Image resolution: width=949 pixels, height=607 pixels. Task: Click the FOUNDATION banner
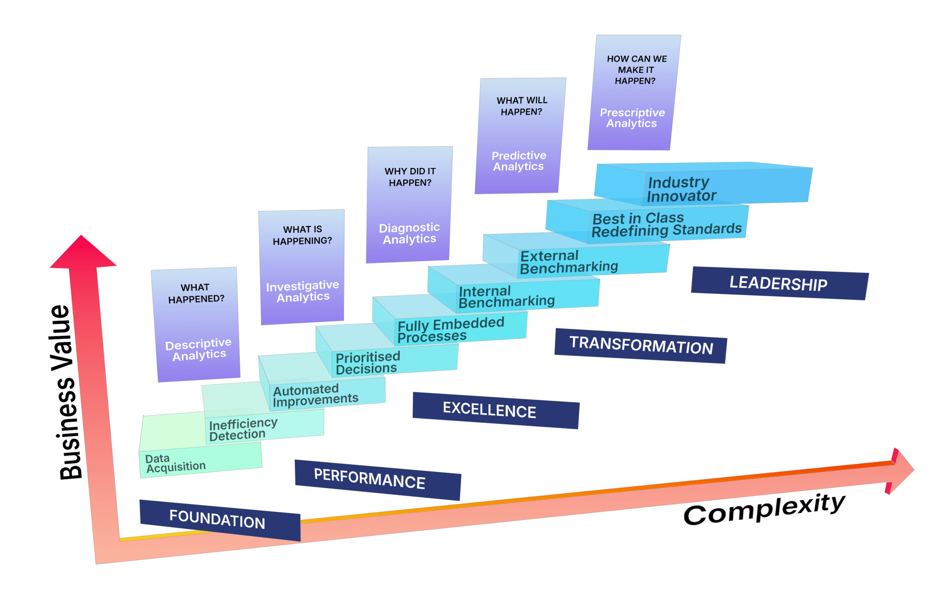click(220, 520)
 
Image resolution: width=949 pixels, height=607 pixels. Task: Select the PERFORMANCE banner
click(378, 479)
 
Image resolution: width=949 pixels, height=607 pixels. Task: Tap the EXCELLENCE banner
click(496, 411)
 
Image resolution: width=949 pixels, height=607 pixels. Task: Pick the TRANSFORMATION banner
click(641, 346)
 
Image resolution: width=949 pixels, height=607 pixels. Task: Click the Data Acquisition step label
click(175, 463)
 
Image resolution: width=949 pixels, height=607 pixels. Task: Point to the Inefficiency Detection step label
click(243, 429)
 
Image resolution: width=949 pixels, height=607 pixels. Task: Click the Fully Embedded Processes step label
click(450, 330)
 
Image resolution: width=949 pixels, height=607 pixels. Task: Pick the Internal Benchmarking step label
click(506, 297)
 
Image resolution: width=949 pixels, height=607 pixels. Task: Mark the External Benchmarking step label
click(568, 262)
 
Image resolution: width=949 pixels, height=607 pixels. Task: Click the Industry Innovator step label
click(681, 189)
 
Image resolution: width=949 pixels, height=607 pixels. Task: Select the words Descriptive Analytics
click(198, 349)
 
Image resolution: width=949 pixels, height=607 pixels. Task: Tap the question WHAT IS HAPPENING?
click(303, 235)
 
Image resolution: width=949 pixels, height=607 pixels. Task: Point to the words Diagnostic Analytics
click(409, 233)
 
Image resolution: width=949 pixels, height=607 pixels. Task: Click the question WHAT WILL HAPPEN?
click(522, 106)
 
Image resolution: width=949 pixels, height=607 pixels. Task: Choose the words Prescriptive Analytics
click(632, 118)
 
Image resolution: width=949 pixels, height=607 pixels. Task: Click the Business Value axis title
click(65, 392)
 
